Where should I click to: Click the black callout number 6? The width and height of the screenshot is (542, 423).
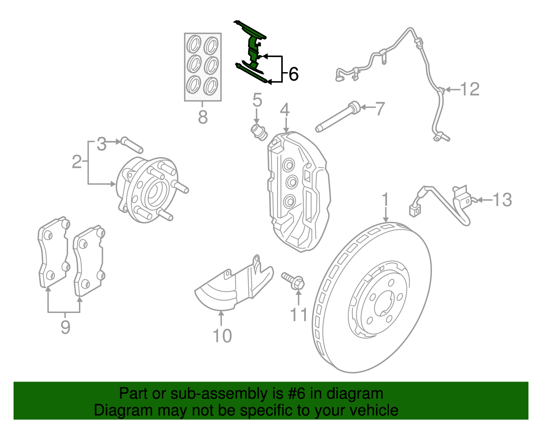click(x=293, y=74)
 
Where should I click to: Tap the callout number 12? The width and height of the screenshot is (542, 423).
click(x=470, y=89)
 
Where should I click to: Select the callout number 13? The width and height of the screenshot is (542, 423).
click(x=502, y=200)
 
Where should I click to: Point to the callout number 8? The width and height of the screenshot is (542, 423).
click(x=203, y=118)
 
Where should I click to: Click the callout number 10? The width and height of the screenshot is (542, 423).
click(x=222, y=336)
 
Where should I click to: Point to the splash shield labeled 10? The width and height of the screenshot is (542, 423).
click(x=234, y=288)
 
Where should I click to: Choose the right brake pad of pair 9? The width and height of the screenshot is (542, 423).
click(x=89, y=261)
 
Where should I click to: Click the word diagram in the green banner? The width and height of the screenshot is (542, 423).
click(x=362, y=394)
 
